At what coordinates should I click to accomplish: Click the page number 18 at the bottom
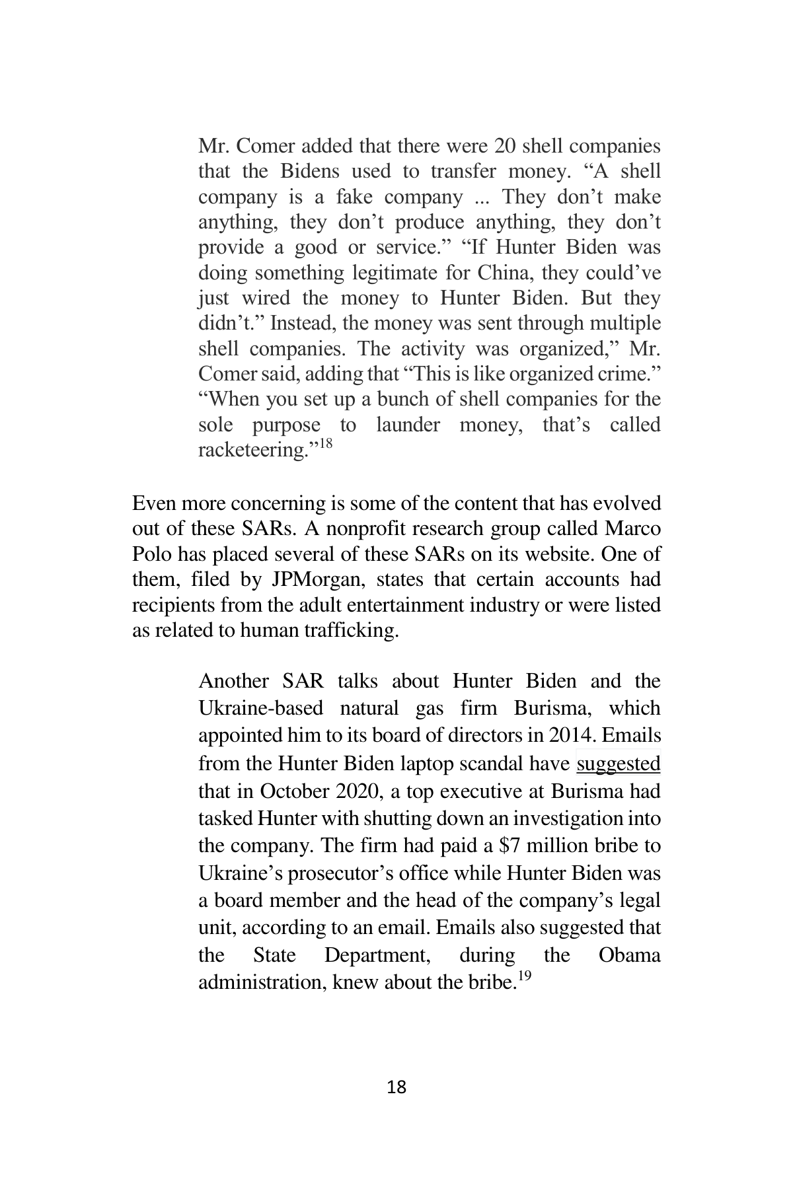[x=396, y=1087]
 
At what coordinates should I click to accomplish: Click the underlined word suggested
[x=619, y=764]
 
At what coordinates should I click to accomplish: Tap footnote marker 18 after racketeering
[x=326, y=443]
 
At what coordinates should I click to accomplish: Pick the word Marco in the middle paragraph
[x=636, y=529]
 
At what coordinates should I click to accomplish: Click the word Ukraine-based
[x=260, y=708]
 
